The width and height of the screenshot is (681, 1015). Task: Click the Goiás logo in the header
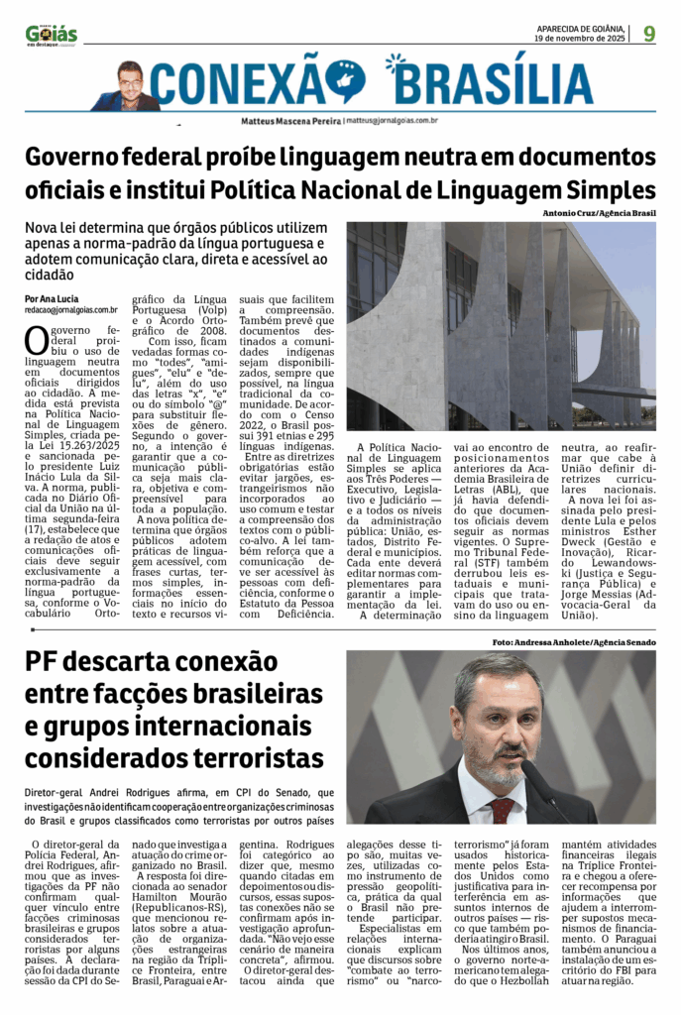point(51,35)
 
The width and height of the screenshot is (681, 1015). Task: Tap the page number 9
point(649,34)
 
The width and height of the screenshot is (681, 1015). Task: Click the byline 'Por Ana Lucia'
point(53,298)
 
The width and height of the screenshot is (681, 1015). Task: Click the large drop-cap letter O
point(36,340)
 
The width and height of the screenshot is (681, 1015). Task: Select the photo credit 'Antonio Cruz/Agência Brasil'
point(599,213)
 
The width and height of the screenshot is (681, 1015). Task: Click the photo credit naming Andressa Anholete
point(573,643)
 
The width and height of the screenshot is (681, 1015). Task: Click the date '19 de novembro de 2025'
point(580,38)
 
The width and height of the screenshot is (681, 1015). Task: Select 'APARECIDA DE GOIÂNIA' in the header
point(580,28)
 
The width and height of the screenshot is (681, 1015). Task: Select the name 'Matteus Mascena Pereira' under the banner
point(290,120)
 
